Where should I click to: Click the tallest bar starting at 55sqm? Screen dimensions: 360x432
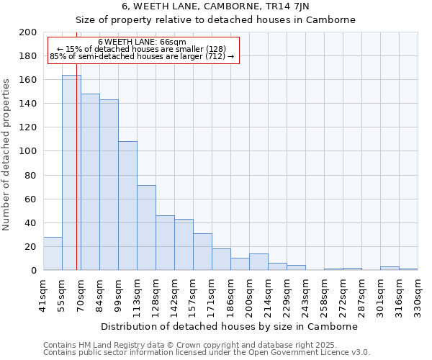(71, 173)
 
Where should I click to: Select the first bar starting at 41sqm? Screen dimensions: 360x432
(53, 253)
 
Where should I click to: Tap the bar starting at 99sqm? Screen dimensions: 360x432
(127, 206)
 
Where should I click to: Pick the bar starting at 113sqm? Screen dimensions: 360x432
(146, 228)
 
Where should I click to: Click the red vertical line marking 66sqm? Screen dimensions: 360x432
(76, 180)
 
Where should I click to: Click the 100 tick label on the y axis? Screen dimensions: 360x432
(28, 151)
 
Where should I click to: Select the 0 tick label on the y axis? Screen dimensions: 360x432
(33, 271)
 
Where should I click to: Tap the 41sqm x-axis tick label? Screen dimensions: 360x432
(44, 294)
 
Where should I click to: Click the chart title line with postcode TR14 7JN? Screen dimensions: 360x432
(216, 6)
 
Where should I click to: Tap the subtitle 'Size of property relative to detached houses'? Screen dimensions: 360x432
(216, 19)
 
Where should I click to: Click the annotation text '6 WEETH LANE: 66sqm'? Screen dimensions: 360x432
(142, 42)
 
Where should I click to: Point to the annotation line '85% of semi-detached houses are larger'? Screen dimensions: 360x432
(142, 56)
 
